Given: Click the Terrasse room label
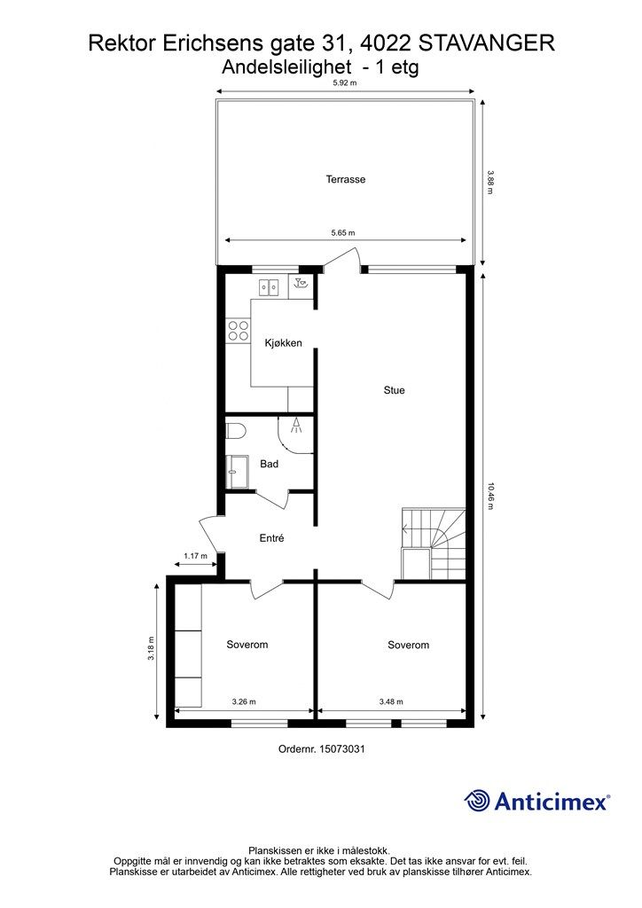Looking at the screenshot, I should pos(345,179).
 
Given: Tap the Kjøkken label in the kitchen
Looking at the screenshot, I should pos(284,343).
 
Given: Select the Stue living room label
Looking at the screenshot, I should pos(394,390).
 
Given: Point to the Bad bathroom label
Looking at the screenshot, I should pos(270,464).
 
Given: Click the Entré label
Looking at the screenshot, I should pos(271,538).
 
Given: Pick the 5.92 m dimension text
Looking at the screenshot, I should pos(344,83).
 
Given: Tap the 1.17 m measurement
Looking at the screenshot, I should pos(195,556).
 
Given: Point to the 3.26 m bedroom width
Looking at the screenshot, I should pos(243,702).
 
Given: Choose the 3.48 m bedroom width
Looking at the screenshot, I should pos(391,702).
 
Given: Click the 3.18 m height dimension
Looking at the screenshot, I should pos(152,650).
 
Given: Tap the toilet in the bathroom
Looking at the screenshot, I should pos(235,432).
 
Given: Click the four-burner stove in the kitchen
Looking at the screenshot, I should pos(238,331).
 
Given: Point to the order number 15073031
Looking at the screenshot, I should pos(322,749).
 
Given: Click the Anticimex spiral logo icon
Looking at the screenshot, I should pos(477,801).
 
